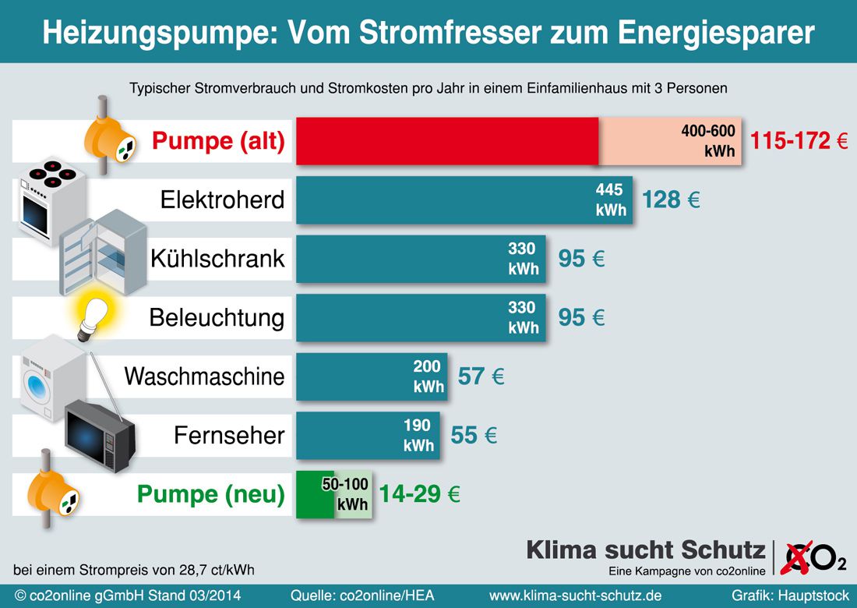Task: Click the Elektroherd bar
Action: pos(464,200)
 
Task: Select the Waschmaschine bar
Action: pos(372,376)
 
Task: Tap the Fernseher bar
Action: pos(368,435)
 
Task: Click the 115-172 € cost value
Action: pos(799,142)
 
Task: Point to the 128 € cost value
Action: pos(671,200)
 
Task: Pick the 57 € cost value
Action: pos(481,377)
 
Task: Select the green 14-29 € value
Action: pos(419,494)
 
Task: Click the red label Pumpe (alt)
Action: pos(218,142)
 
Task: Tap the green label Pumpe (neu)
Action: pos(211,494)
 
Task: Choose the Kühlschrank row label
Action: pos(218,259)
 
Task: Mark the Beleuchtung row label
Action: pos(217,318)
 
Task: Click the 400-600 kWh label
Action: pos(708,141)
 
